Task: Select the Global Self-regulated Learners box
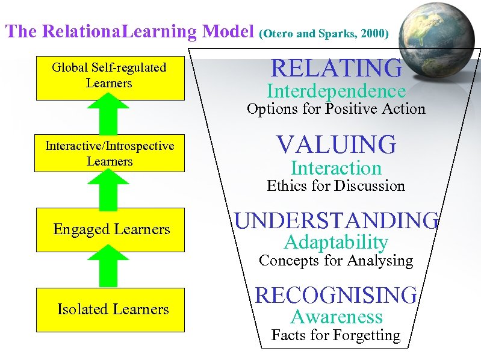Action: [110, 75]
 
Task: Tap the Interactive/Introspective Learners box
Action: [110, 154]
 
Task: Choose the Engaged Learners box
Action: [111, 229]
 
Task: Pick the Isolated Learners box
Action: [111, 309]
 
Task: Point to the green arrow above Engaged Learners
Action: [109, 188]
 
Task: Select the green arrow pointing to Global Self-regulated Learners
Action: [109, 113]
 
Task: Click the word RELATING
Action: [337, 68]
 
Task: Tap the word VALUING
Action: [337, 144]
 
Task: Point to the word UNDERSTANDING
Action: [337, 220]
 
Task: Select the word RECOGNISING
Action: [337, 295]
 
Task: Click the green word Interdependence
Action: [337, 92]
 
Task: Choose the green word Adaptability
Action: [337, 243]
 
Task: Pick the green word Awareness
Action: [337, 317]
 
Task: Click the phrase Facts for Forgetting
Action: [336, 335]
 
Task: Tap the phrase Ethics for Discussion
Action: [336, 185]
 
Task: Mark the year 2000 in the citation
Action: [373, 34]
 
